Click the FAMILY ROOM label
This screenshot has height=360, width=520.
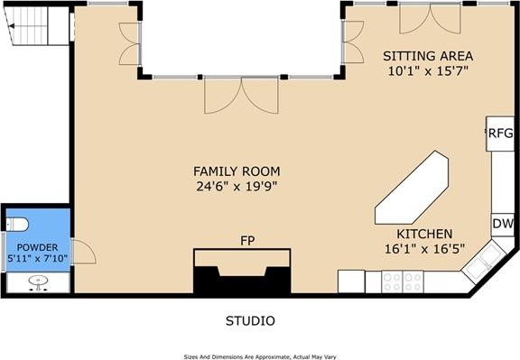(236, 171)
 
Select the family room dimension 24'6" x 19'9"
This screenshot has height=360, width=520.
(236, 187)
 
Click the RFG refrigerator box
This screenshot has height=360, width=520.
(500, 134)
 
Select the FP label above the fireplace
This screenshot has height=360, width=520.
(246, 241)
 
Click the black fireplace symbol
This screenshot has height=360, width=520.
(243, 275)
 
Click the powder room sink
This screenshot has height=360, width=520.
(38, 282)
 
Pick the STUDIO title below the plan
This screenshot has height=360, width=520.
(249, 320)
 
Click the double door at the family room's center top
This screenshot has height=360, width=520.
(223, 94)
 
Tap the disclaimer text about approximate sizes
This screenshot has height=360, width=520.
(260, 354)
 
